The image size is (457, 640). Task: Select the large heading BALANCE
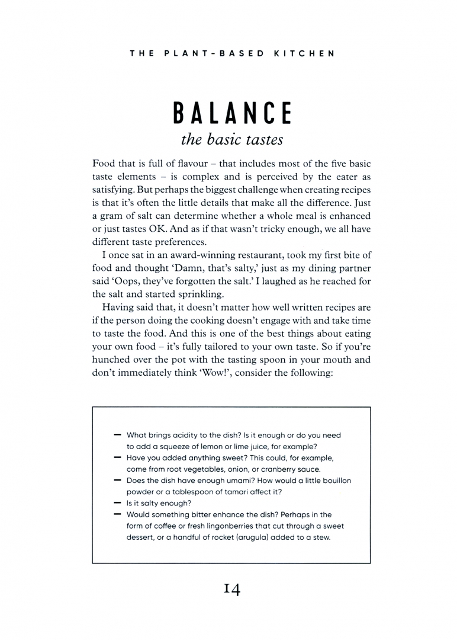click(231, 113)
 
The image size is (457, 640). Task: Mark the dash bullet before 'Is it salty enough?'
click(117, 503)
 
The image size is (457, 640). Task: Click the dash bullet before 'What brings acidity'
click(117, 435)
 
